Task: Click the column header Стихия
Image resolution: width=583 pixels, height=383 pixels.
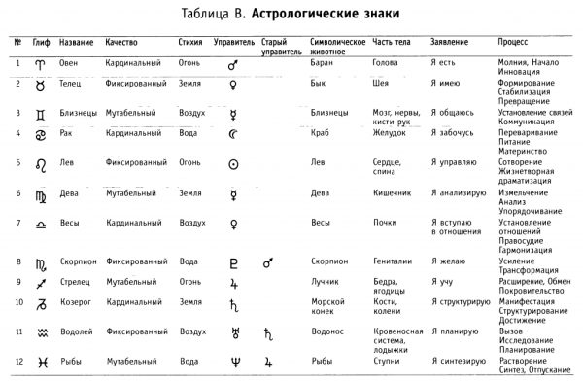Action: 190,43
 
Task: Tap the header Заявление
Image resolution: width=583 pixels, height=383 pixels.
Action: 450,43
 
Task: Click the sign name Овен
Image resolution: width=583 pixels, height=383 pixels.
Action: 69,62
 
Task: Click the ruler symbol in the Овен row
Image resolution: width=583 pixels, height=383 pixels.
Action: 233,65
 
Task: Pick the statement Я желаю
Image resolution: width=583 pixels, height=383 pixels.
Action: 450,261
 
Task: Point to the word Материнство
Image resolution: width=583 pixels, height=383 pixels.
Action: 524,151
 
